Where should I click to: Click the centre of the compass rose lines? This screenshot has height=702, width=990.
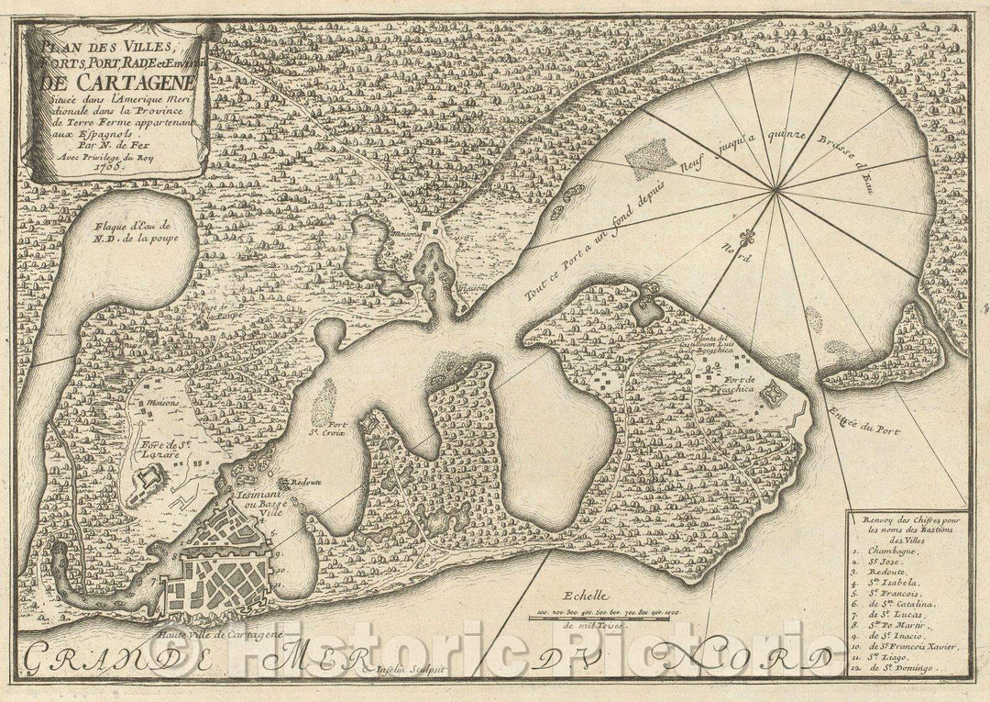[776, 190]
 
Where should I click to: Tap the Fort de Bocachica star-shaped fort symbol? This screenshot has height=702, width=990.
[773, 395]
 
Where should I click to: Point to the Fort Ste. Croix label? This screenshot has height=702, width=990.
[339, 428]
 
